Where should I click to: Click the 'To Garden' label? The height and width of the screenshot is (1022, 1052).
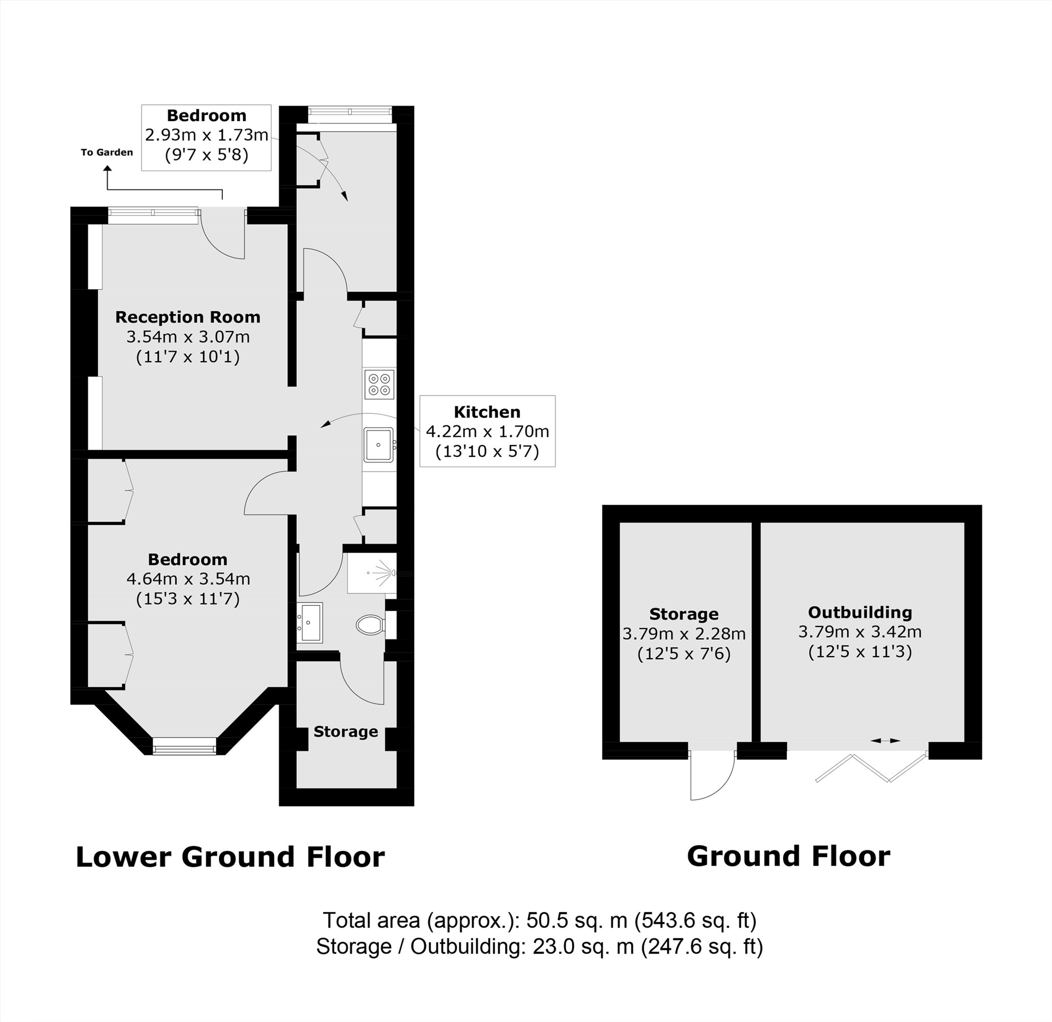[107, 152]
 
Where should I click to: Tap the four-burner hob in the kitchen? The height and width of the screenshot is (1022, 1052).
[380, 384]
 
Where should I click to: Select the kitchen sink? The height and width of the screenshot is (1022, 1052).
[379, 445]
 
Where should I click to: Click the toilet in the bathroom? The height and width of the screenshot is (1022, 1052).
[370, 624]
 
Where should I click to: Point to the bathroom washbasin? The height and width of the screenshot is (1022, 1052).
[311, 622]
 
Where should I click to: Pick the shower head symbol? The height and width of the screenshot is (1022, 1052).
[384, 573]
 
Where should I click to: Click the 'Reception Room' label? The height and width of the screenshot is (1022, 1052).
[188, 317]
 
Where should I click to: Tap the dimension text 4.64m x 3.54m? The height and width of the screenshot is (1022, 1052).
[188, 578]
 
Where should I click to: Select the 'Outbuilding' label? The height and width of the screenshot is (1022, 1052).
[860, 612]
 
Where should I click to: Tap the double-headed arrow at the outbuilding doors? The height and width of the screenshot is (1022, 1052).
[885, 741]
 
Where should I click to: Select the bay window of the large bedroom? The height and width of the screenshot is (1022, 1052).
[184, 746]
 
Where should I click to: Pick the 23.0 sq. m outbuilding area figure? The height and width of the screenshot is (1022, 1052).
[583, 946]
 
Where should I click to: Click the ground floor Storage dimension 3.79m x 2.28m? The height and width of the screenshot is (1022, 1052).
[684, 634]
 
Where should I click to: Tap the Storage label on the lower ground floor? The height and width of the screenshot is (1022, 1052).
[346, 732]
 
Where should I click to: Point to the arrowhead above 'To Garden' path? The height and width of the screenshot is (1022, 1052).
[108, 169]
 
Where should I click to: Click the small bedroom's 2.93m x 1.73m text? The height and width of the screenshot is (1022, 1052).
[206, 135]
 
